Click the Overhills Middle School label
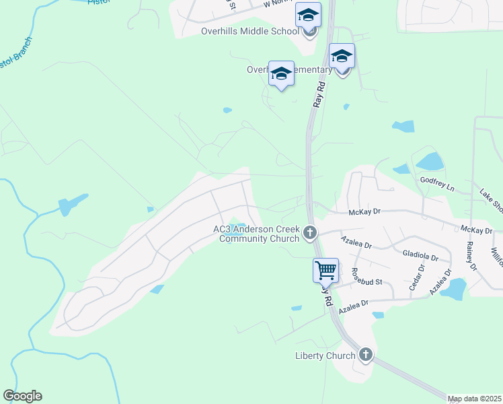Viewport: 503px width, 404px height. (249, 31)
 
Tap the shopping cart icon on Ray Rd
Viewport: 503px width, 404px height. (326, 270)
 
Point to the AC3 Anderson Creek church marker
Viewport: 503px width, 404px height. (310, 233)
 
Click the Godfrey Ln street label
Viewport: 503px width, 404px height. (437, 180)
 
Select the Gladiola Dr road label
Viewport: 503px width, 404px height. (420, 257)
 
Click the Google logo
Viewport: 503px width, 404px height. (22, 396)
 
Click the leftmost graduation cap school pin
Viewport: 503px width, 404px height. (281, 74)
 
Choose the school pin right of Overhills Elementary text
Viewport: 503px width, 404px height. (342, 57)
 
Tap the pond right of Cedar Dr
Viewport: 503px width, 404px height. (456, 289)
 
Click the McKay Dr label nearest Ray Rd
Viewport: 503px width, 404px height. (365, 212)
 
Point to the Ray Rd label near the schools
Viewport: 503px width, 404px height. (319, 94)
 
